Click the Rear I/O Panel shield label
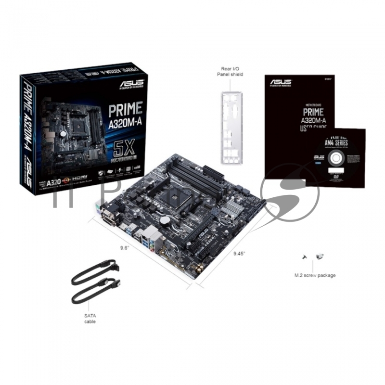pos(231,71)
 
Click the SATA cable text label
pos(90,318)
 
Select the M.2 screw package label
pos(315,275)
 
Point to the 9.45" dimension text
pos(239,254)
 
